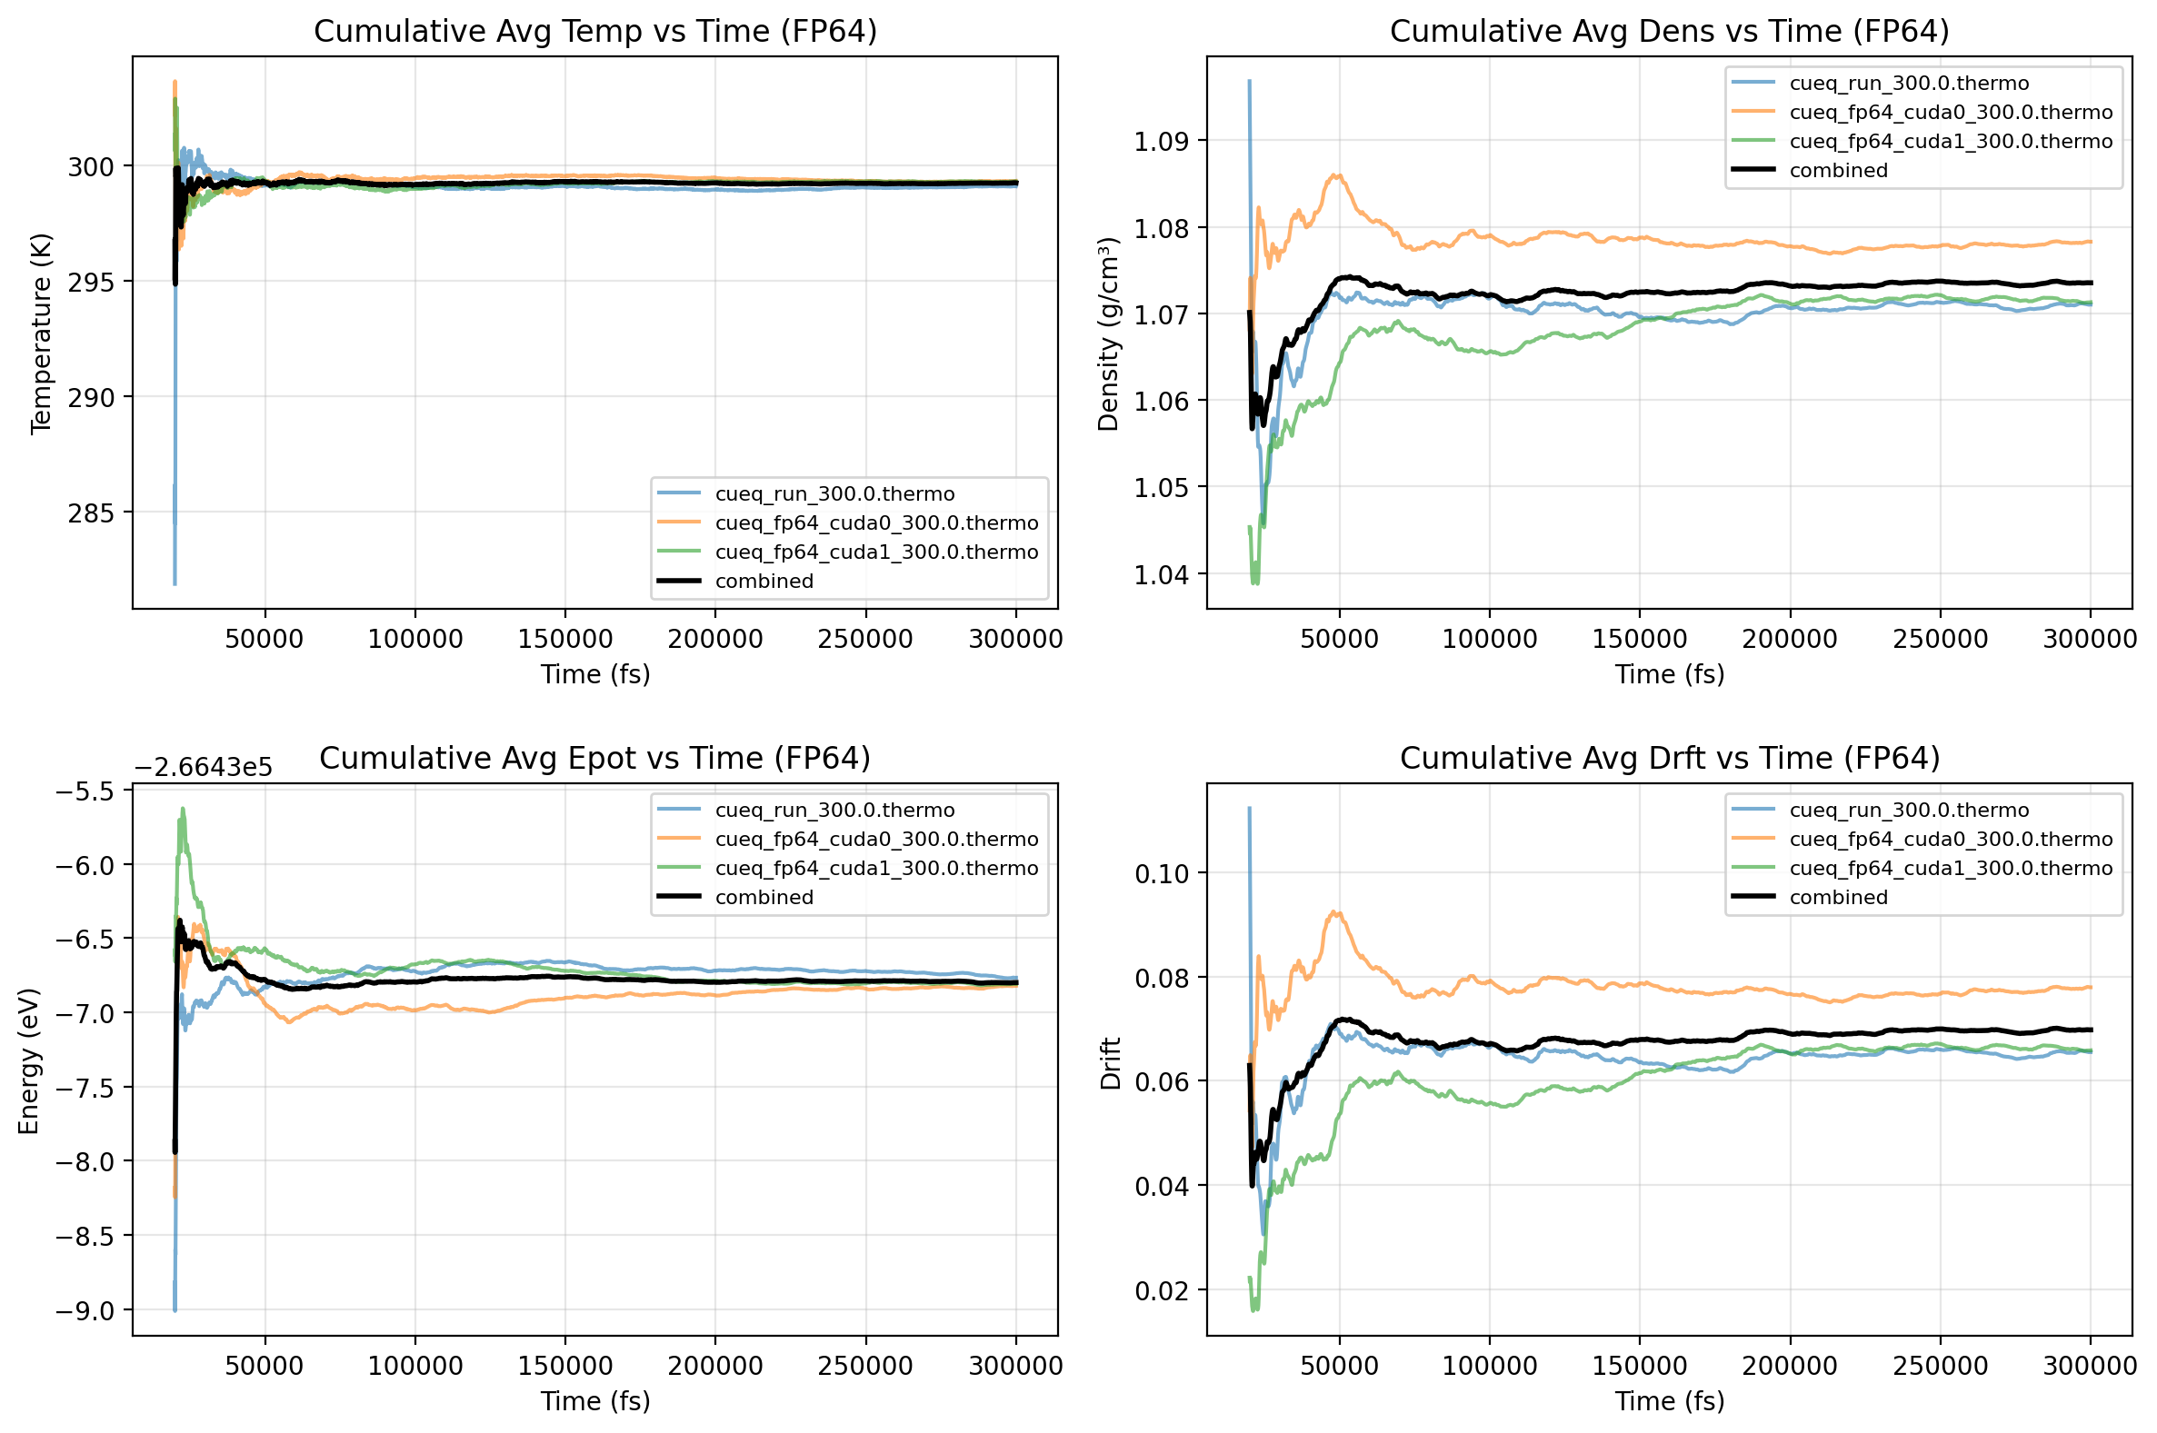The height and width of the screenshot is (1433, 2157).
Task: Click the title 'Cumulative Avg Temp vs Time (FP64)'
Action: [x=595, y=31]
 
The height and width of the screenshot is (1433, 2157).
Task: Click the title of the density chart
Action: [x=1669, y=31]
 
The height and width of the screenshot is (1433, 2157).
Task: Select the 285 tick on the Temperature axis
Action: [x=92, y=512]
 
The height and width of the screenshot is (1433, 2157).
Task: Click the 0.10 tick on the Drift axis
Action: [x=1162, y=873]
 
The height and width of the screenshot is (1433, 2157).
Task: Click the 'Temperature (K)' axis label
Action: [x=40, y=333]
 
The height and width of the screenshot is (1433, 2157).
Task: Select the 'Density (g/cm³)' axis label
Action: [x=1109, y=333]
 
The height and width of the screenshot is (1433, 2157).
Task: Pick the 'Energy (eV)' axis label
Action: [x=28, y=1061]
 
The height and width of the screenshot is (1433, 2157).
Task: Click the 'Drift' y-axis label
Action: [x=1111, y=1063]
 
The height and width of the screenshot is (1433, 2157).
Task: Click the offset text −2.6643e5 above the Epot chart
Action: [x=203, y=767]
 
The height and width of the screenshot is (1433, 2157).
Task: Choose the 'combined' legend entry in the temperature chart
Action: [x=764, y=582]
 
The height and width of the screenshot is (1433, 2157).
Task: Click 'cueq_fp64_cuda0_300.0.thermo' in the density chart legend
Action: [x=1951, y=113]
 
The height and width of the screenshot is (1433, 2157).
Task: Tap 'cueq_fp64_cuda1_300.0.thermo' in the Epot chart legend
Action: [x=876, y=868]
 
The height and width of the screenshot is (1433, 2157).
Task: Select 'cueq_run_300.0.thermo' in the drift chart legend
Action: [x=1909, y=810]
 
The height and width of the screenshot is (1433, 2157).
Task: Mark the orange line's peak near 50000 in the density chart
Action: [x=1336, y=175]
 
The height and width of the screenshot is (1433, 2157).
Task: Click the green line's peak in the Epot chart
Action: [x=183, y=809]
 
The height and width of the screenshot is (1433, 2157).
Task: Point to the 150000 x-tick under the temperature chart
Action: [x=564, y=639]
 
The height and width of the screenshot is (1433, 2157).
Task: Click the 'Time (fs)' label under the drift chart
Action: [x=1669, y=1401]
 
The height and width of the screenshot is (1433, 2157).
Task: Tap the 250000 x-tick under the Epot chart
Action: [x=864, y=1366]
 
